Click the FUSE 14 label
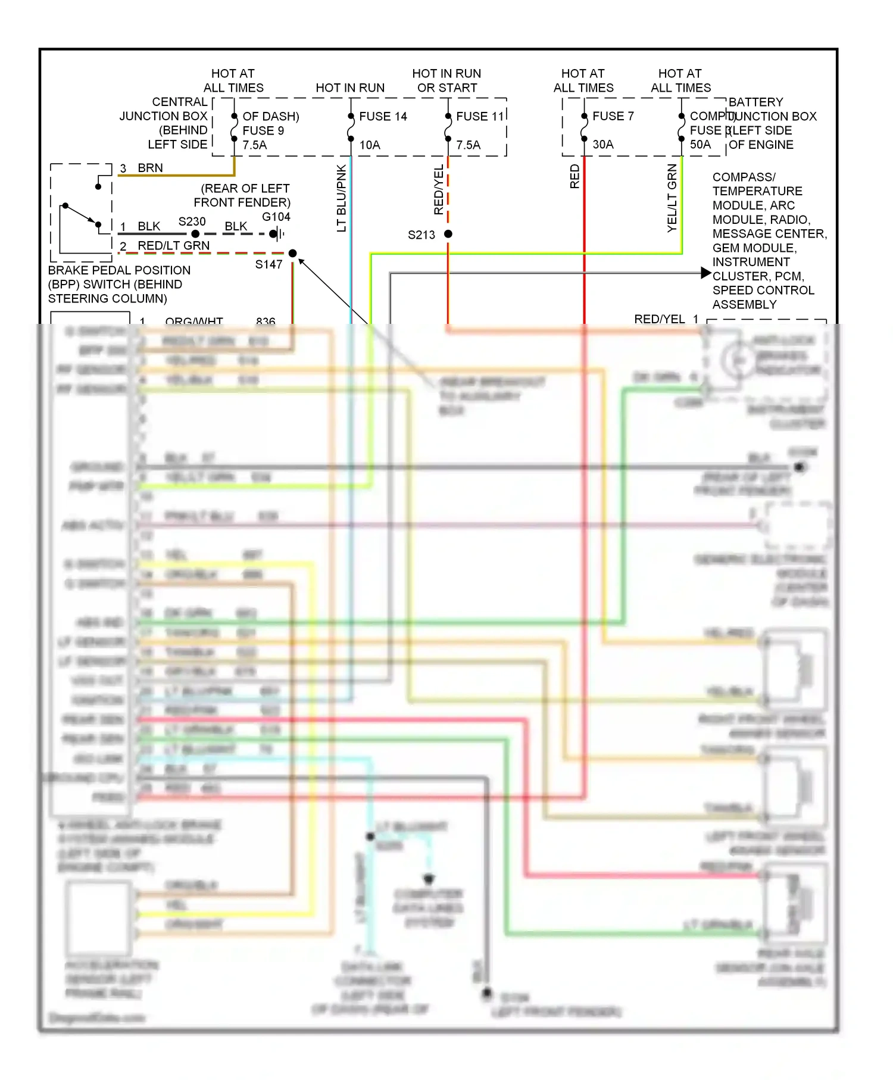(x=383, y=117)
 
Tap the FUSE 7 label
(x=613, y=116)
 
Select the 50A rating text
(x=700, y=145)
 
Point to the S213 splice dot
(x=448, y=234)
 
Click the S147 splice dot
(x=292, y=254)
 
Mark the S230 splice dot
(x=195, y=234)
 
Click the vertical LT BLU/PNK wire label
(x=341, y=198)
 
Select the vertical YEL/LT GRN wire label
(x=672, y=198)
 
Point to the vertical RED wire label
(x=574, y=177)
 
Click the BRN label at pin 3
(x=150, y=168)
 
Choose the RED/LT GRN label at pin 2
(x=173, y=246)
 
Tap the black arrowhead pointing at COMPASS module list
(x=706, y=273)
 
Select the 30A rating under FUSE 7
(x=602, y=145)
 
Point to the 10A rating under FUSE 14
(x=369, y=145)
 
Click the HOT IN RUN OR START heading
(x=447, y=80)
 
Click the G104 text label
(x=276, y=217)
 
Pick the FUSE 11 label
(x=480, y=117)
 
